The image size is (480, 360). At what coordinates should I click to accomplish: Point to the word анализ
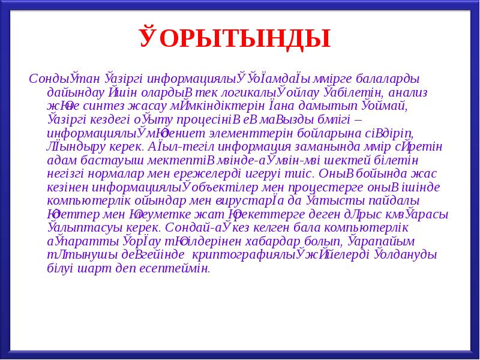(x=407, y=93)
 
